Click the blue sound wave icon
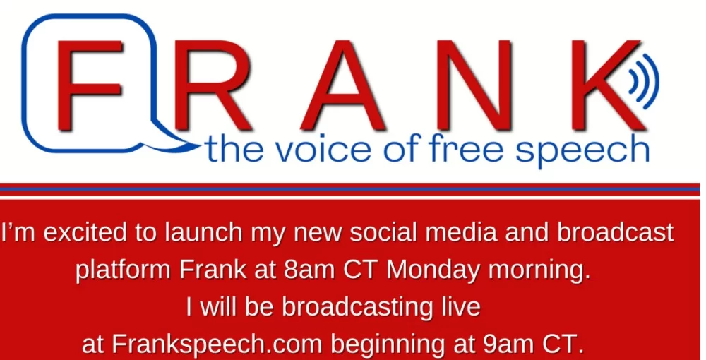[645, 81]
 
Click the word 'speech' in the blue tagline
[582, 151]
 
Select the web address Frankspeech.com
[217, 345]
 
